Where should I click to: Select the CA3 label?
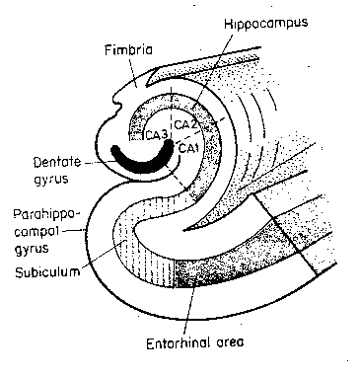156,134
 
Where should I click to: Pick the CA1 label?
189,148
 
